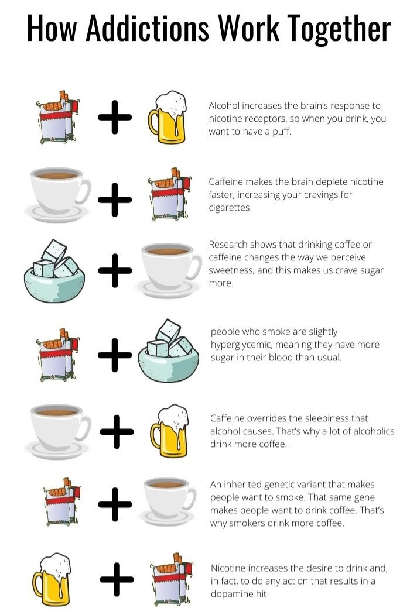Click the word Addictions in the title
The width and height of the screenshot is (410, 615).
(x=147, y=28)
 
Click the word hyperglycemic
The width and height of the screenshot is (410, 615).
(x=240, y=345)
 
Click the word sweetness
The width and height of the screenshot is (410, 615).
(x=231, y=270)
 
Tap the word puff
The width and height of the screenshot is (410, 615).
(x=282, y=132)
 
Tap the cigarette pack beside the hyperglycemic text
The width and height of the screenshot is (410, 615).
(x=57, y=355)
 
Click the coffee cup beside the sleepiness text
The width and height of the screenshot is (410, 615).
(x=58, y=431)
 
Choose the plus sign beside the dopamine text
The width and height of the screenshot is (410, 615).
(x=117, y=579)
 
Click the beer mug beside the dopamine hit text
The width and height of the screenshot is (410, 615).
(x=51, y=579)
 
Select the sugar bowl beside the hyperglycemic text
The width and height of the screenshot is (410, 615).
(x=169, y=351)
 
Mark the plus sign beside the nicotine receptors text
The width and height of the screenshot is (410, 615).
(x=115, y=117)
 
